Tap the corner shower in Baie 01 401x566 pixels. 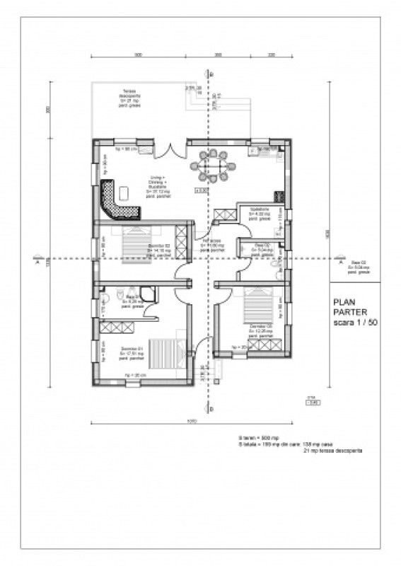(x=149, y=294)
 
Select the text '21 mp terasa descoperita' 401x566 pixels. (x=332, y=451)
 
